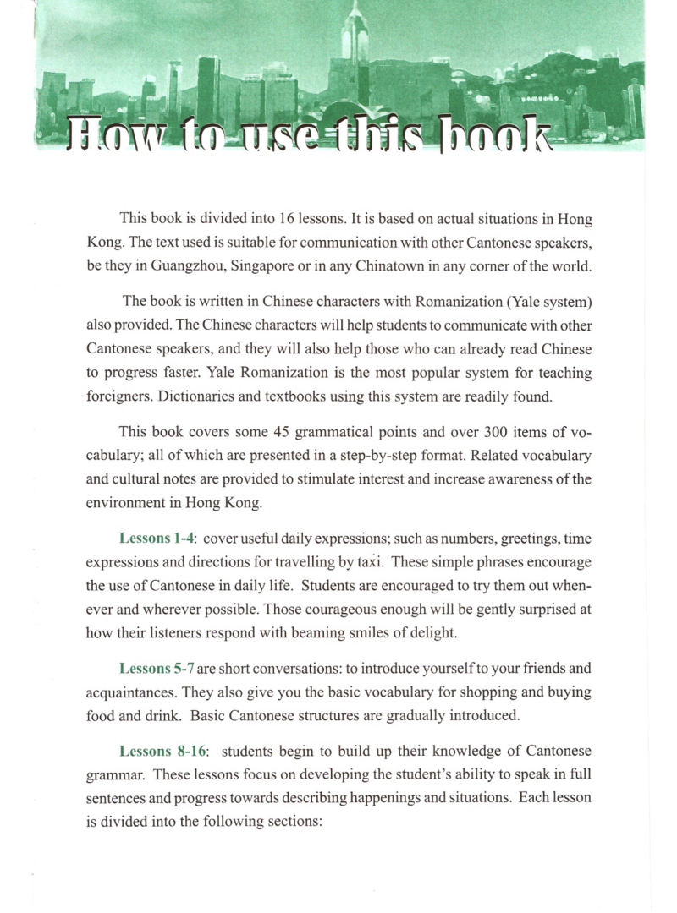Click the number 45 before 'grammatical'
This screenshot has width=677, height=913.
[283, 432]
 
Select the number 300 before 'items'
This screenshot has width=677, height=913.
[488, 432]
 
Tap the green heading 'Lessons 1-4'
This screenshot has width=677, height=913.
[157, 539]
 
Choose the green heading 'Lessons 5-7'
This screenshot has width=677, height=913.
[157, 669]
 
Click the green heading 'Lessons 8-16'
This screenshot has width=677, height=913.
[161, 751]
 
